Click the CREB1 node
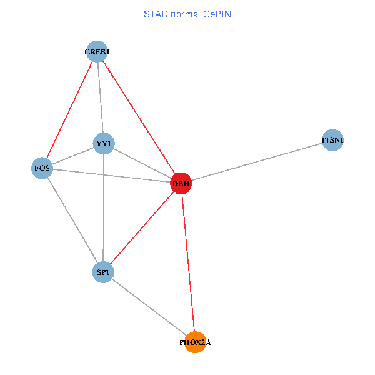(97, 51)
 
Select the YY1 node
(103, 144)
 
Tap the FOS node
(42, 168)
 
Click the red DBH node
(181, 183)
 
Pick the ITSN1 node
(332, 140)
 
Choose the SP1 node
(102, 272)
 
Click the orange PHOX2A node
(195, 342)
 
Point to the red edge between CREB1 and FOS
(69, 109)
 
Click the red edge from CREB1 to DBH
(139, 117)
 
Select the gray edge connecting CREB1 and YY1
(100, 97)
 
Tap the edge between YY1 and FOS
(72, 156)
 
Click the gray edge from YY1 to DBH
(142, 164)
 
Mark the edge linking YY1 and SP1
(103, 208)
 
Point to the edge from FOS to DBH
(111, 176)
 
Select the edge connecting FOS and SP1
(72, 220)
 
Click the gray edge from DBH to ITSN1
(256, 162)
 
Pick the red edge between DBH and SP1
(141, 228)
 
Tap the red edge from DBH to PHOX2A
(187, 262)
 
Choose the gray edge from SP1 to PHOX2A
(149, 307)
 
